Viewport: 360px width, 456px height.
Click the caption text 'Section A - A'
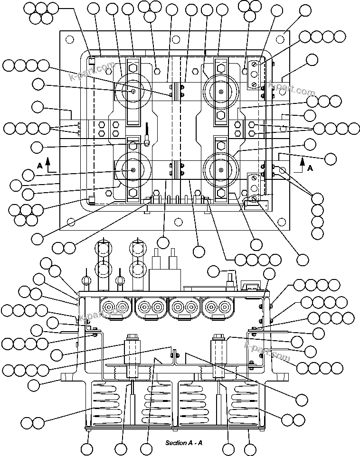click(x=184, y=443)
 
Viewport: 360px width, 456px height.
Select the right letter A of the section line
click(x=310, y=168)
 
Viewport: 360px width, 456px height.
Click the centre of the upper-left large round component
click(x=133, y=92)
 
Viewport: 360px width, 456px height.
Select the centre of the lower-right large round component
click(x=220, y=170)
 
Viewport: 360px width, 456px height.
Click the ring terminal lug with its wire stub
click(x=148, y=140)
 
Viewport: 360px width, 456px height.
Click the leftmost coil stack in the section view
click(x=104, y=402)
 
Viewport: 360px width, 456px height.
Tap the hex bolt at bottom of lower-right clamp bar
click(x=221, y=193)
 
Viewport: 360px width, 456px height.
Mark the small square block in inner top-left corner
click(x=92, y=60)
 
